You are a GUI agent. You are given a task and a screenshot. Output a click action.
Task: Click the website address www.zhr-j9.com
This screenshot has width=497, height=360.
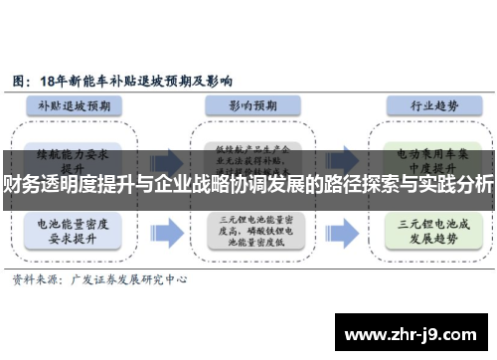(414, 333)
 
